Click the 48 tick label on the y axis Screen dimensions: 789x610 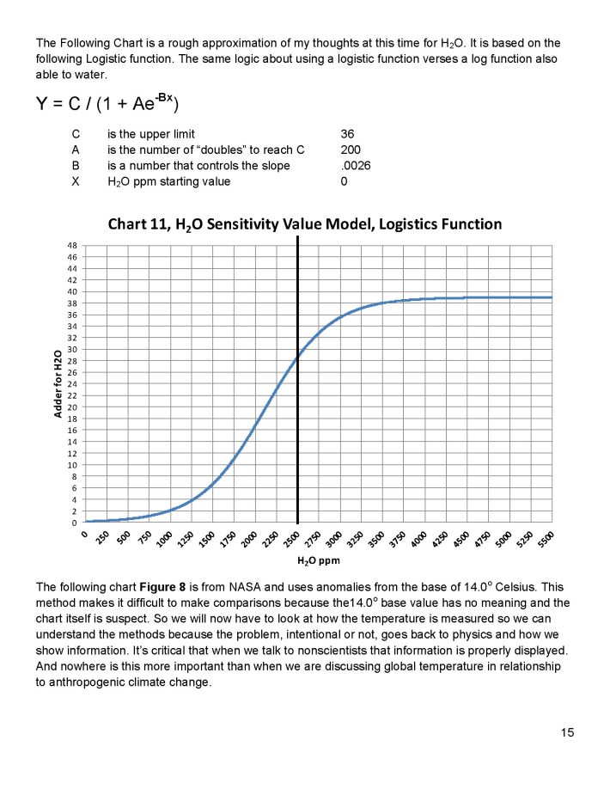71,246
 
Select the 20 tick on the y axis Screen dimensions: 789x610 71,407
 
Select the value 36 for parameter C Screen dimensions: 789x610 347,134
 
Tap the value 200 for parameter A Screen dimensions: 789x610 350,150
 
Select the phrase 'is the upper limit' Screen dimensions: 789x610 150,134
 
